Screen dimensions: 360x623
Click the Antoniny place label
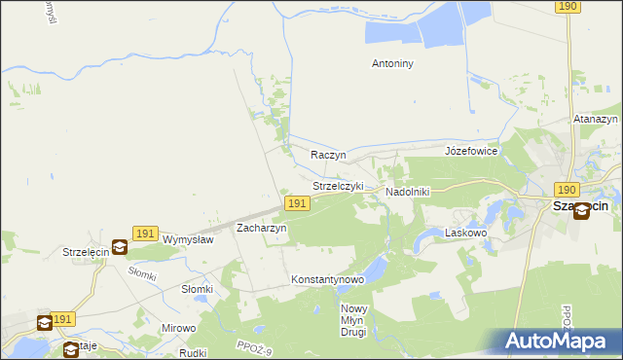(x=393, y=64)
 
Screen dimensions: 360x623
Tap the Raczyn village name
(x=328, y=155)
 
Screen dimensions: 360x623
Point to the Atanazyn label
(x=596, y=119)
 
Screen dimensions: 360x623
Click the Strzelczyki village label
(x=338, y=186)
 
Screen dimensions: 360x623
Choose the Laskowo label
(x=464, y=234)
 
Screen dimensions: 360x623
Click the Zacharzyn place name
(x=262, y=228)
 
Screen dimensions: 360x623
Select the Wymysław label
(x=188, y=239)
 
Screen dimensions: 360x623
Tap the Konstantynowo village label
(x=327, y=280)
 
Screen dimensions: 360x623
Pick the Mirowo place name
(x=178, y=329)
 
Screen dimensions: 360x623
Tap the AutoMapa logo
(x=558, y=341)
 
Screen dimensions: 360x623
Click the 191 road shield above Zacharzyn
(x=298, y=203)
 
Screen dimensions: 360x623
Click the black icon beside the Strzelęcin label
(x=119, y=248)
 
